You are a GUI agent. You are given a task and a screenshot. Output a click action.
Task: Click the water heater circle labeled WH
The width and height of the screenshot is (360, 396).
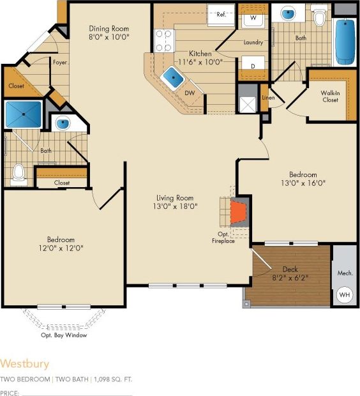345,296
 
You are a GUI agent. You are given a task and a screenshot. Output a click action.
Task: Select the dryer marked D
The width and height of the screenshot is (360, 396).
253,66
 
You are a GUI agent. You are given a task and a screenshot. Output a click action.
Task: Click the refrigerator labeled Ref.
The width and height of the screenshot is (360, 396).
221,15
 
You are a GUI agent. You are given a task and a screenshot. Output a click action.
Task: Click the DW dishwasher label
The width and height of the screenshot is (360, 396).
190,93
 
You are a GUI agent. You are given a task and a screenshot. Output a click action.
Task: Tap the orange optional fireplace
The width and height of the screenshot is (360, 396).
238,213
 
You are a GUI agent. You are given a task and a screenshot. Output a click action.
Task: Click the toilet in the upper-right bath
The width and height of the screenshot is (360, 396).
320,17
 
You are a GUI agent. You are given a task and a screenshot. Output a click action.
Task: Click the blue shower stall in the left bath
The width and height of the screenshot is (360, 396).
23,114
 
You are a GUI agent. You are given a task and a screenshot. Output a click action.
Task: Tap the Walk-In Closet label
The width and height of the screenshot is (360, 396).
330,96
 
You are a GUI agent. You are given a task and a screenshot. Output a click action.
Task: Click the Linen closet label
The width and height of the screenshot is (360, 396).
267,97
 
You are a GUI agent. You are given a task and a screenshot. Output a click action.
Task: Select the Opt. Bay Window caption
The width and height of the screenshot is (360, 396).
64,335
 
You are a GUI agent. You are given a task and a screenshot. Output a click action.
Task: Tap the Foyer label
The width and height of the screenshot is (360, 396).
61,63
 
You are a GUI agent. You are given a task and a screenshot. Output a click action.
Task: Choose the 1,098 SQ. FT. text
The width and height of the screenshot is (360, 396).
114,379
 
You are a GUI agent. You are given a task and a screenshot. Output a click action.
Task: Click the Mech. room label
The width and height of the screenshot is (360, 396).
345,273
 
